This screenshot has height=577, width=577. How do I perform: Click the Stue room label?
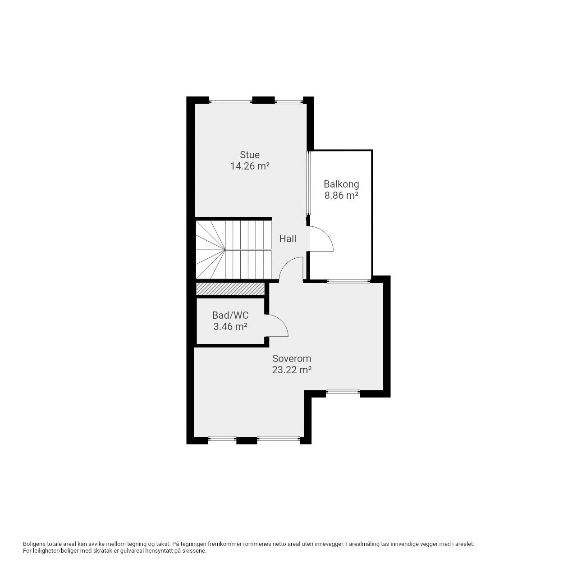249,155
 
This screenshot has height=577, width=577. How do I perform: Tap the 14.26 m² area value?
249,166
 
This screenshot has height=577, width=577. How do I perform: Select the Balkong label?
341,184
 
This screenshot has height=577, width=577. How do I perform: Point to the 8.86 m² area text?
341,196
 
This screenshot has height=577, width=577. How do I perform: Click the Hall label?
288,238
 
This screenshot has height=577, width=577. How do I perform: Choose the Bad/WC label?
230,315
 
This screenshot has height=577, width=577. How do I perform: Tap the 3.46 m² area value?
230,327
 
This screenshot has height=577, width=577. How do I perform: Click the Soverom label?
291,358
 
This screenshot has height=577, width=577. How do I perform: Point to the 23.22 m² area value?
291,370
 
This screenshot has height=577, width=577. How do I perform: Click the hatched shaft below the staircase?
230,288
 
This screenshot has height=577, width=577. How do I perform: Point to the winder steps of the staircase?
210,249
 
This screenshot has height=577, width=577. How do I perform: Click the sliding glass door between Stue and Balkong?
308,183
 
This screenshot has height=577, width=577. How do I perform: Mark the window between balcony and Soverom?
348,281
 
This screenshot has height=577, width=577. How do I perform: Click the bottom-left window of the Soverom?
222,439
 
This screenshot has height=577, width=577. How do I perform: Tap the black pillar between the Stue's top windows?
264,100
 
